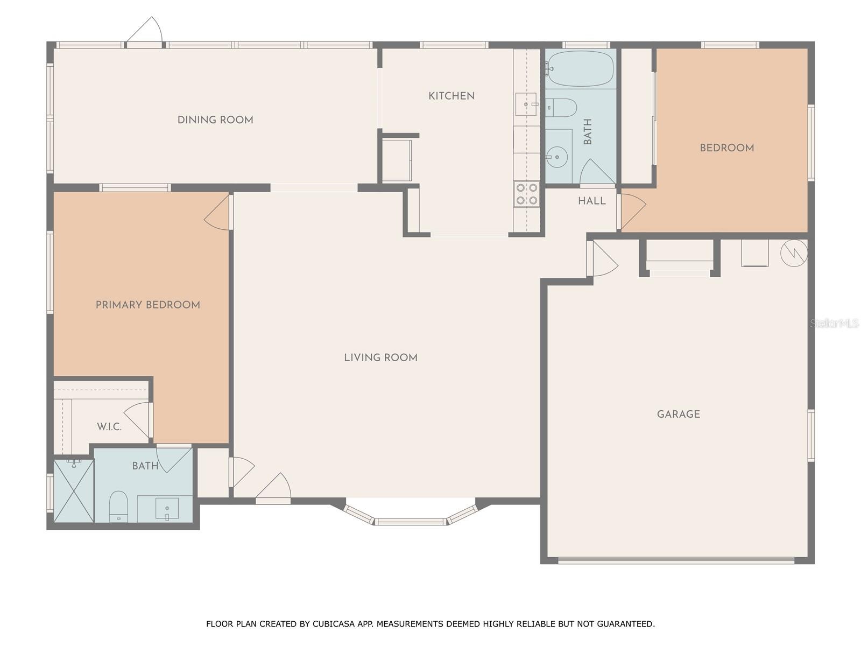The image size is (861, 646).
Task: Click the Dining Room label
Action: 215,120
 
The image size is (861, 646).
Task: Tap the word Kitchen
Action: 451,96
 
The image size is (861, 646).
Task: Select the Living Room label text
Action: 380,357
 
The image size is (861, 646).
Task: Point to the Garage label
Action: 679,414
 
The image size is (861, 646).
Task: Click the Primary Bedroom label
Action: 148,305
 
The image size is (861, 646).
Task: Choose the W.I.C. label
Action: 109,427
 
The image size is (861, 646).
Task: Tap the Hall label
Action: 592,201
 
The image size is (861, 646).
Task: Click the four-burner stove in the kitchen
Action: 527,194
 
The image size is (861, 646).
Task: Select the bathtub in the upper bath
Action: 581,69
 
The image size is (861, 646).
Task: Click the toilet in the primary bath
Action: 118,507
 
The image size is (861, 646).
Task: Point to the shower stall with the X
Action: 74,491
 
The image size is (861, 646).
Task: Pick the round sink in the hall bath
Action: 557,157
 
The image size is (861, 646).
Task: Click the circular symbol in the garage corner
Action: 794,254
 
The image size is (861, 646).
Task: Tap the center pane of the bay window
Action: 411,522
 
